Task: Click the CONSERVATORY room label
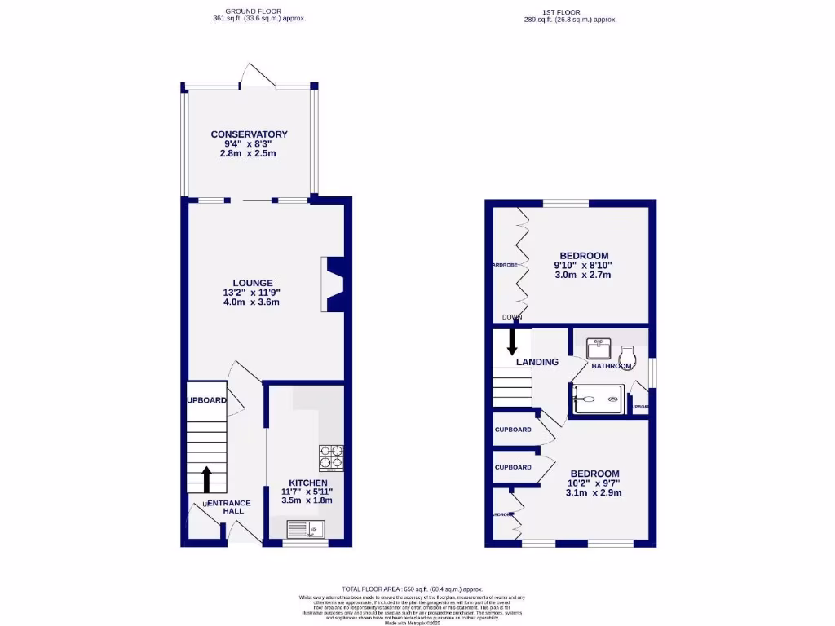[249, 134]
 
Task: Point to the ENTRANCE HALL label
[228, 507]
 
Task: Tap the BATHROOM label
[612, 366]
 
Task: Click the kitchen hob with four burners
[331, 457]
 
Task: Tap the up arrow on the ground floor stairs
[206, 475]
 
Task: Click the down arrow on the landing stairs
[512, 340]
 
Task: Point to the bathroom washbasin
[599, 348]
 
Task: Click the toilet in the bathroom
[628, 355]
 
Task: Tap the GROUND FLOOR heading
[258, 12]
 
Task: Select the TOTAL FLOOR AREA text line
[413, 589]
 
